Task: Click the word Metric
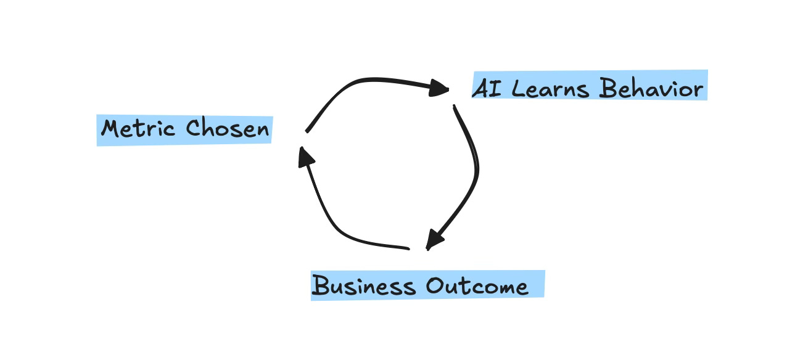point(141,129)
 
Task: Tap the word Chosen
point(228,129)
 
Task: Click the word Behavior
point(651,89)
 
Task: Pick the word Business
point(363,286)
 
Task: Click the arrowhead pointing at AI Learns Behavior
point(439,89)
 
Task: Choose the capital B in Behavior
point(608,89)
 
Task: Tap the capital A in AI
point(480,89)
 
